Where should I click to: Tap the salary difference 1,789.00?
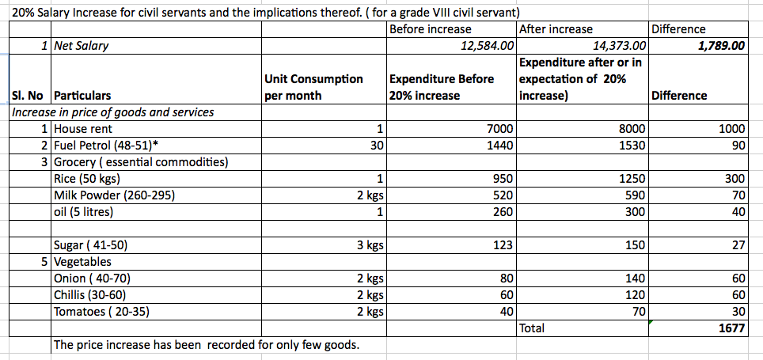(721, 46)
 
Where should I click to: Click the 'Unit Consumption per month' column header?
(314, 87)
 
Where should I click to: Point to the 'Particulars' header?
(82, 96)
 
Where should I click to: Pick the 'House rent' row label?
(82, 129)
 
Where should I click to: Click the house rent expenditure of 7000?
(502, 129)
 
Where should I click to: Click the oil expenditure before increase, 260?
(503, 212)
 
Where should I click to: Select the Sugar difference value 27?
(738, 245)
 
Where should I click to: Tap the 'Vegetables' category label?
(82, 262)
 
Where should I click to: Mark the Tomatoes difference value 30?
(738, 312)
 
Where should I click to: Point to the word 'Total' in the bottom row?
(533, 328)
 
